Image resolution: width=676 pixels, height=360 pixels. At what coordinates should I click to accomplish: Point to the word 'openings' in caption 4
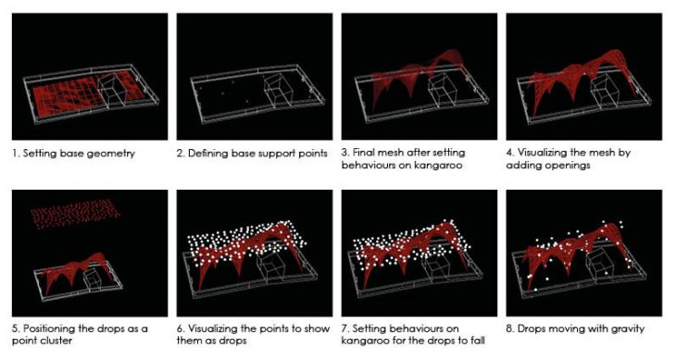(570, 166)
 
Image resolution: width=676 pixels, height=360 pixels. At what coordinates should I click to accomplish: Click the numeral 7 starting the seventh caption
(344, 329)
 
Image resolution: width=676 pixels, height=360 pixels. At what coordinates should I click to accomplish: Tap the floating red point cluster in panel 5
(75, 214)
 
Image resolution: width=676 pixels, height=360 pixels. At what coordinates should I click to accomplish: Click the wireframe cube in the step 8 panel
(601, 264)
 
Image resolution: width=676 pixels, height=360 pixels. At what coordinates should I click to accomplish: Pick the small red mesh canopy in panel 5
(78, 271)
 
